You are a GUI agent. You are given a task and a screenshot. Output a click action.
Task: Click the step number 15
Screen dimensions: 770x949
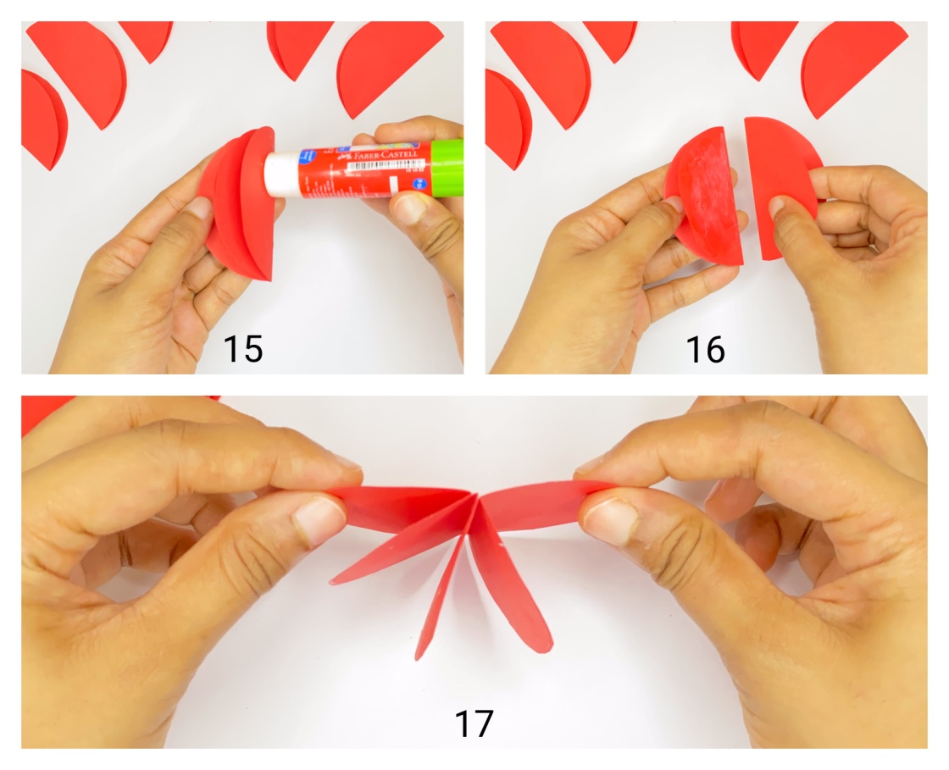(243, 348)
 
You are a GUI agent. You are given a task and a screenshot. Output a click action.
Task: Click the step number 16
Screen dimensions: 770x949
(706, 348)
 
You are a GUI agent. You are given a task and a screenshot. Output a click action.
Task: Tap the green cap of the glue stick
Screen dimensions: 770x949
(447, 168)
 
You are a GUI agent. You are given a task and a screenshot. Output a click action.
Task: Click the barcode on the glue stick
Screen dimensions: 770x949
(367, 168)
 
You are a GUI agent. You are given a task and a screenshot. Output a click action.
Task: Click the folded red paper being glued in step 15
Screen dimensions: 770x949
(241, 203)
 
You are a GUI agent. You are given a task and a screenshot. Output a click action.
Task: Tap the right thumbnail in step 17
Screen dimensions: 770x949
(610, 519)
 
